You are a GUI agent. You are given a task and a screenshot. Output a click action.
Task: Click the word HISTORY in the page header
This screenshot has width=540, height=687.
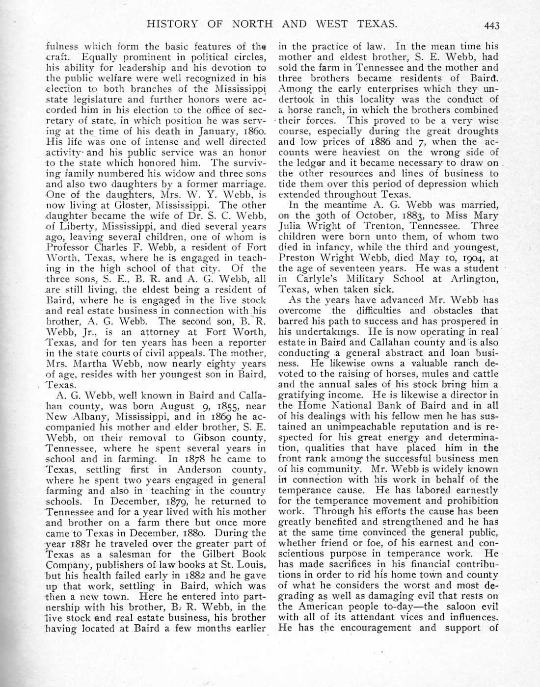pyautogui.click(x=171, y=24)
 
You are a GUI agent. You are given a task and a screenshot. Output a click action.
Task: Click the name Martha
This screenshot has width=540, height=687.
pyautogui.click(x=91, y=364)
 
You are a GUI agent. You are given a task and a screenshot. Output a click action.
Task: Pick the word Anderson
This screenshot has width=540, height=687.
pyautogui.click(x=195, y=470)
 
